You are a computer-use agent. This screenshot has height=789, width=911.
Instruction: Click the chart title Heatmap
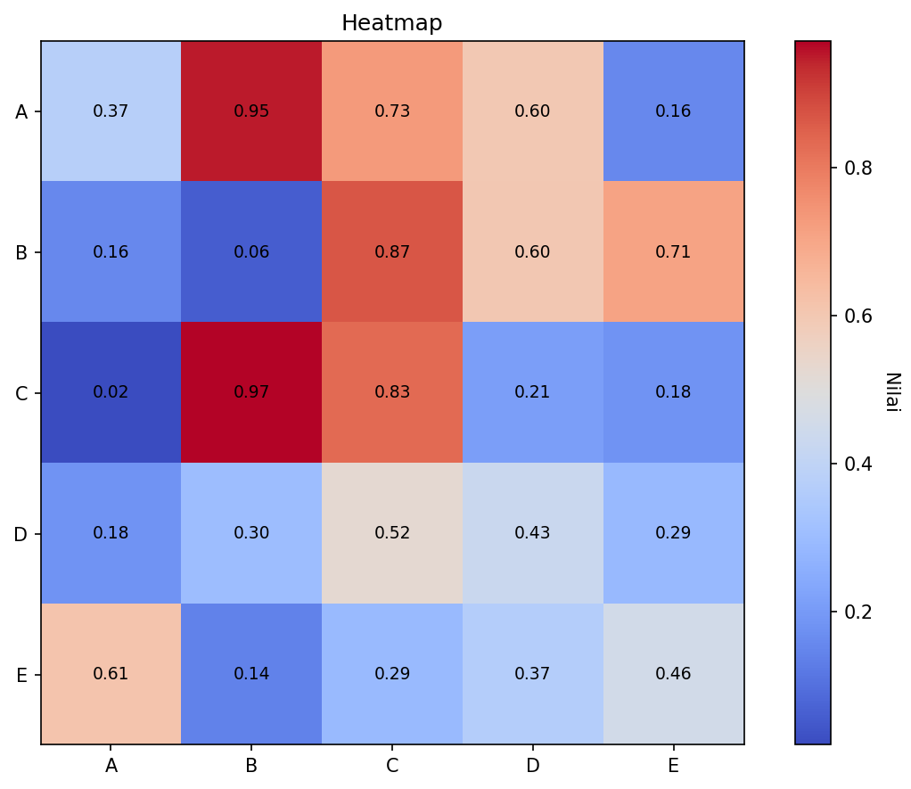pyautogui.click(x=391, y=23)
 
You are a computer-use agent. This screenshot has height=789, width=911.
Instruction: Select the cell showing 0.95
pyautogui.click(x=251, y=111)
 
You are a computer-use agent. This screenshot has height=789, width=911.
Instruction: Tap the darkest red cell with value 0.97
pyautogui.click(x=251, y=392)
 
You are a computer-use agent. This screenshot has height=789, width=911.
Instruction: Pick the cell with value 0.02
pyautogui.click(x=111, y=392)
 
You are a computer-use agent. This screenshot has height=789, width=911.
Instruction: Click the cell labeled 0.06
pyautogui.click(x=251, y=252)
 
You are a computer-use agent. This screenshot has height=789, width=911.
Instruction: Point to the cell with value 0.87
pyautogui.click(x=392, y=252)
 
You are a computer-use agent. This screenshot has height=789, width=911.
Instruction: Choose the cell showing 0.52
pyautogui.click(x=392, y=533)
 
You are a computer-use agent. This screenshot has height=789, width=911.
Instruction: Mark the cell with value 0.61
pyautogui.click(x=111, y=674)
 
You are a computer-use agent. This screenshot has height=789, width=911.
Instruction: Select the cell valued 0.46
pyautogui.click(x=673, y=674)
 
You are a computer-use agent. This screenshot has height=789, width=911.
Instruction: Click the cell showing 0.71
pyautogui.click(x=673, y=252)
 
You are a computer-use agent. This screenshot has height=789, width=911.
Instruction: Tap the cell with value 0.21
pyautogui.click(x=532, y=392)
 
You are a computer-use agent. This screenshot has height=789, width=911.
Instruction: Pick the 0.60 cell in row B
pyautogui.click(x=532, y=252)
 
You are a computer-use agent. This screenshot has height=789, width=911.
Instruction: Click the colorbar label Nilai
pyautogui.click(x=891, y=392)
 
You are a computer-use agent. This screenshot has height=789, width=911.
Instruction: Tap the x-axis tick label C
pyautogui.click(x=392, y=766)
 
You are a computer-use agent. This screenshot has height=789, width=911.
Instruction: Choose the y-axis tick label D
pyautogui.click(x=21, y=534)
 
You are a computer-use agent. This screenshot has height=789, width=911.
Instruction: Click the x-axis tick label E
pyautogui.click(x=673, y=766)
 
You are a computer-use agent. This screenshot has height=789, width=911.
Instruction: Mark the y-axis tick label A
pyautogui.click(x=21, y=112)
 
